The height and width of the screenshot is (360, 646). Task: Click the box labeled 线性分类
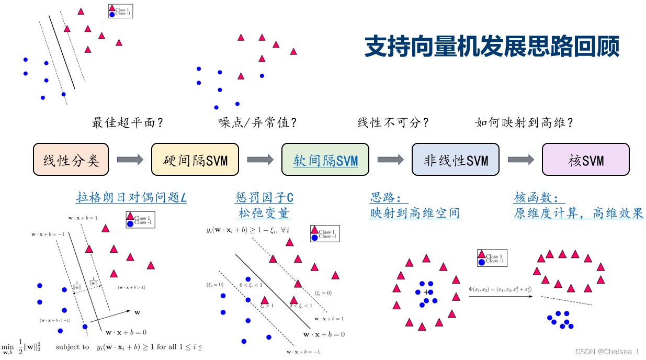point(71,159)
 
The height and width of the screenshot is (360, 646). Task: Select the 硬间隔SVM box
point(195,159)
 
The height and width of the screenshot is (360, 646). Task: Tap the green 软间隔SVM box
point(325,159)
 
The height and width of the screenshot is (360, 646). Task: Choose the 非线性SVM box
point(456,159)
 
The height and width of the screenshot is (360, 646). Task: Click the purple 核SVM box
point(585,159)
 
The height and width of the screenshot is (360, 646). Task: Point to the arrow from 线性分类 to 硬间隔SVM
point(130,160)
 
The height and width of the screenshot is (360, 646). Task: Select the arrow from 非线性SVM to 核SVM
point(520,160)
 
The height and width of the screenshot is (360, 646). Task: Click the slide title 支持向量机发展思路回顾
point(492,47)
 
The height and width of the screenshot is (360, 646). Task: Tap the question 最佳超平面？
point(128,123)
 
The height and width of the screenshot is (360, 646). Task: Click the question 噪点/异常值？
point(257,123)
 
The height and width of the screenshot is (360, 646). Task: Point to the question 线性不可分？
point(393,123)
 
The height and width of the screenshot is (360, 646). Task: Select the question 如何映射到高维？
point(524,123)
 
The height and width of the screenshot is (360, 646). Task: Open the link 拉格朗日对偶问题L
point(131,198)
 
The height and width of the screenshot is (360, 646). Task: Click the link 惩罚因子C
point(264,198)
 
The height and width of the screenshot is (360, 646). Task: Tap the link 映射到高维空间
point(415,213)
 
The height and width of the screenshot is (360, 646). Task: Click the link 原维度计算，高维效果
point(579,213)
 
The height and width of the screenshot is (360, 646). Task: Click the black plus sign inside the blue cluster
point(427,292)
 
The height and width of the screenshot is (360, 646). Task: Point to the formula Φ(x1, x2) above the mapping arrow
point(500,289)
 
